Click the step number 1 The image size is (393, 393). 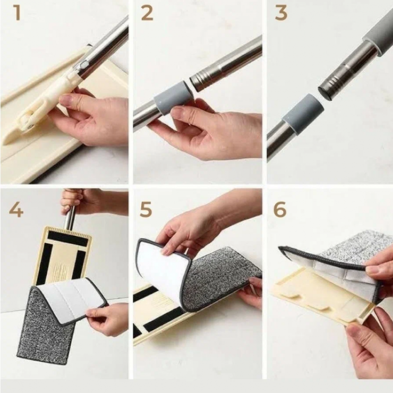[x=17, y=13]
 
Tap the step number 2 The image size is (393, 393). [x=147, y=13]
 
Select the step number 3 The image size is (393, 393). [x=281, y=13]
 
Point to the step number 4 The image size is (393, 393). [x=16, y=210]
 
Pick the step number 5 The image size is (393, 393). [x=146, y=210]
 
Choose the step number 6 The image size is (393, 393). [x=280, y=210]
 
